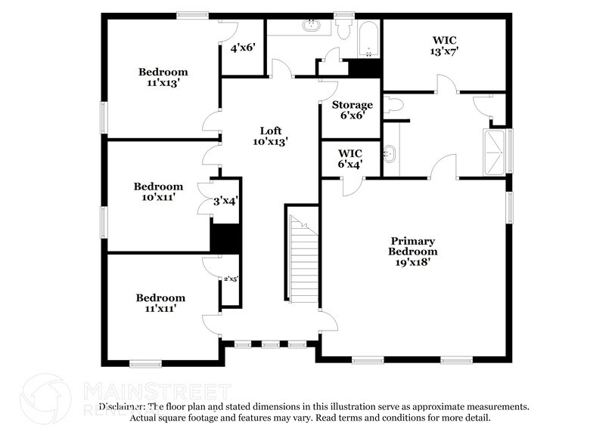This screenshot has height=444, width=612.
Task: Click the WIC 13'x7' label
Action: [x=445, y=45]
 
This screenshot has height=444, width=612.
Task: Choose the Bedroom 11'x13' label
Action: [x=163, y=78]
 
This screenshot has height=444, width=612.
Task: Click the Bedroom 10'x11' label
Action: [x=158, y=192]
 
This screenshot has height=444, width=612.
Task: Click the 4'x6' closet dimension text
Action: [x=243, y=48]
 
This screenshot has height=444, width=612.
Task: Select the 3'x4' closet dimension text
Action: [x=225, y=201]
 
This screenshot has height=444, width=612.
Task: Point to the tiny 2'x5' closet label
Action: [x=230, y=279]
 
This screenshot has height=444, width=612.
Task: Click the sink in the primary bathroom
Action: [x=390, y=154]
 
